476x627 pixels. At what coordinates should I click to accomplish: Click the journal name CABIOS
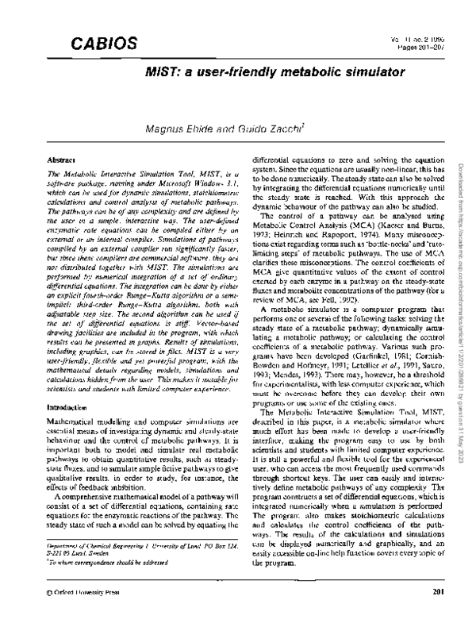click(x=94, y=43)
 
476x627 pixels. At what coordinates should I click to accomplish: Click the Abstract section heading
click(x=61, y=160)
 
